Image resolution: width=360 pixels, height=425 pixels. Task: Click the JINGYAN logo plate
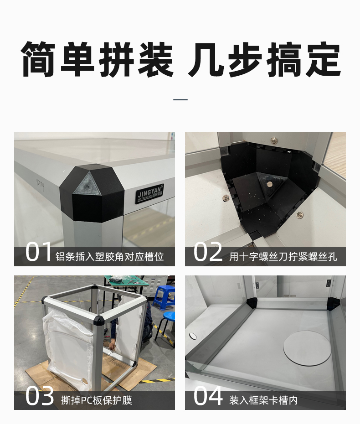point(150,193)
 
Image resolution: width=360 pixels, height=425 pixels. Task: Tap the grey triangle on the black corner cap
point(87,183)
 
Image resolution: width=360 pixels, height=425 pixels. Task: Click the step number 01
point(38,252)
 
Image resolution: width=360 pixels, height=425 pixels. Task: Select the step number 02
point(208,252)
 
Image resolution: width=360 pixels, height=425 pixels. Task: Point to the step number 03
point(40,396)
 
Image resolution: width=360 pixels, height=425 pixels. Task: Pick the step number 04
point(208,396)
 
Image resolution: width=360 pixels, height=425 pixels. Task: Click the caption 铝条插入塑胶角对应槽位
point(109,256)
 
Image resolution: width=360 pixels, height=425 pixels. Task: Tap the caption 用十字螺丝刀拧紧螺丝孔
point(283,256)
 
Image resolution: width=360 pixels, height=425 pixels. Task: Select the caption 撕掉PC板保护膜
point(97,400)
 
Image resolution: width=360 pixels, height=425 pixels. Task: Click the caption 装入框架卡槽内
point(263,400)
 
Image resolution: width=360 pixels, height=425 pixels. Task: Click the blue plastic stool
point(164,297)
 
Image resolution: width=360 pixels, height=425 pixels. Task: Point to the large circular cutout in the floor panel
point(307,348)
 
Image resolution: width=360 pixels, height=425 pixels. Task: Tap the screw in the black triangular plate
point(269,184)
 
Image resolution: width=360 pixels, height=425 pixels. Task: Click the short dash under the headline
point(180,100)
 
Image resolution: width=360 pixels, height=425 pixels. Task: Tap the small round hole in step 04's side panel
point(193,336)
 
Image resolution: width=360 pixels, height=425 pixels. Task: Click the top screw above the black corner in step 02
point(274,140)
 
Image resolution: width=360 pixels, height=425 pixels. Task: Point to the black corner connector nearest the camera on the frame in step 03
point(99,320)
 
